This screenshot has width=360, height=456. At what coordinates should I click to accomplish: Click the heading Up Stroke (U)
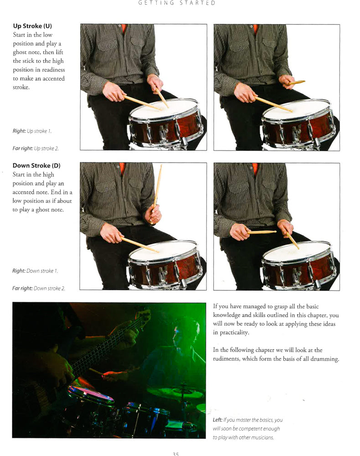tap(32, 26)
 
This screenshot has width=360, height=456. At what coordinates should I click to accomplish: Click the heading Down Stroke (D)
tap(36, 166)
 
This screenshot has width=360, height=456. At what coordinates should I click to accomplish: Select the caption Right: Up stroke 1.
tap(32, 131)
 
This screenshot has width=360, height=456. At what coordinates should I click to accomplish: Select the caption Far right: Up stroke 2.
tap(36, 148)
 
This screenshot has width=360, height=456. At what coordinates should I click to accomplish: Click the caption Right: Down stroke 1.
tap(35, 271)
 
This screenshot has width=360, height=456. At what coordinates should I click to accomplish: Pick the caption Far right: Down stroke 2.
tap(38, 288)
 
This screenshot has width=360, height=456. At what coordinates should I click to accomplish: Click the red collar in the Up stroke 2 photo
tap(256, 28)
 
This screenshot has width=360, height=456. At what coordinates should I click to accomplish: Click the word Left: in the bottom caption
tap(218, 420)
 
